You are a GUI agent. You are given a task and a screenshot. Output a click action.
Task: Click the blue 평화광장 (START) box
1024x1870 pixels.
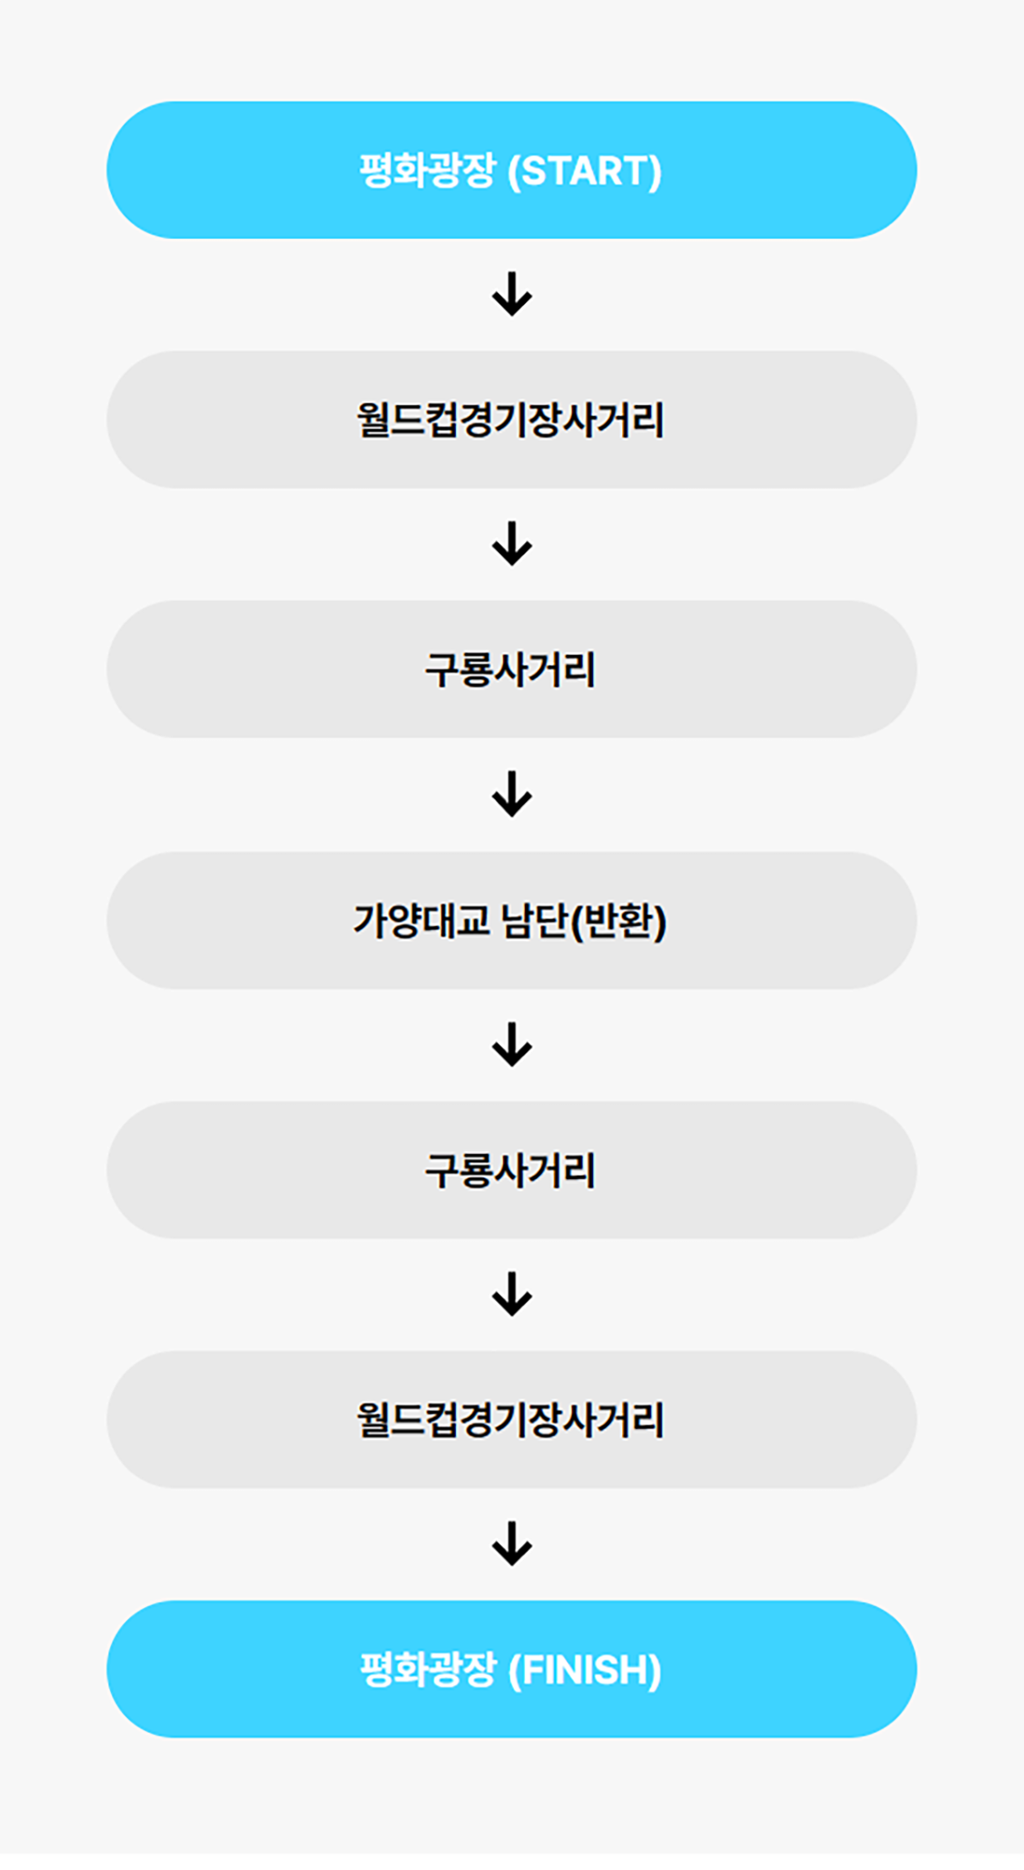(512, 170)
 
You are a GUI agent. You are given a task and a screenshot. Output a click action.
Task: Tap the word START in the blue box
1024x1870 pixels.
(585, 171)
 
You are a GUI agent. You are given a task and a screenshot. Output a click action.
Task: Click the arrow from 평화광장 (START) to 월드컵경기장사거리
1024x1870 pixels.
(512, 294)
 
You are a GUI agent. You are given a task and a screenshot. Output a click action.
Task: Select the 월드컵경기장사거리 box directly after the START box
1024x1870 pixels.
(512, 420)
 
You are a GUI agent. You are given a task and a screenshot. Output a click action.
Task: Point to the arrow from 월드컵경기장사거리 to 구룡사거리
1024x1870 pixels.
(512, 544)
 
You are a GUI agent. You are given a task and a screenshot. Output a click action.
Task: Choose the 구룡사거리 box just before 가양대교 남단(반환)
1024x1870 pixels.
(512, 670)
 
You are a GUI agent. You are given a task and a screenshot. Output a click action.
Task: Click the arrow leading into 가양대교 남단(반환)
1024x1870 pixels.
(512, 794)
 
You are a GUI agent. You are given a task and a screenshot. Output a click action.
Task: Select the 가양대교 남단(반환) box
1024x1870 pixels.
(512, 920)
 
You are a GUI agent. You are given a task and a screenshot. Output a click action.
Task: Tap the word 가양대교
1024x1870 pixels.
(422, 921)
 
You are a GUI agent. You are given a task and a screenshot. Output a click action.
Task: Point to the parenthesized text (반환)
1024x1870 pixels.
(619, 921)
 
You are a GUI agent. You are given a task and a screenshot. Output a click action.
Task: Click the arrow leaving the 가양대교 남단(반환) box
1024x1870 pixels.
(512, 1044)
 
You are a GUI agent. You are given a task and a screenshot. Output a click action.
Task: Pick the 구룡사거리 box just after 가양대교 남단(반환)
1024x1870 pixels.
(512, 1170)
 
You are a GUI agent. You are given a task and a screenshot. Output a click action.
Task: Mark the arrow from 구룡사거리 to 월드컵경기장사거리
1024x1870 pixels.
(512, 1294)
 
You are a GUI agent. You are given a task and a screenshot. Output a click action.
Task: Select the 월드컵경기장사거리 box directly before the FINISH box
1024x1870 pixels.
(512, 1420)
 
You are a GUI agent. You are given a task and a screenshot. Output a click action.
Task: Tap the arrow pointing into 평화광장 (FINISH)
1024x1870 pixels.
(512, 1544)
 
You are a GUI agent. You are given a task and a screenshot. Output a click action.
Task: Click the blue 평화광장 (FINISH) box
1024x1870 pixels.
(512, 1670)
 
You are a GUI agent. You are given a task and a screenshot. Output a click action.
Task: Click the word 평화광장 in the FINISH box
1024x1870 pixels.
(427, 1670)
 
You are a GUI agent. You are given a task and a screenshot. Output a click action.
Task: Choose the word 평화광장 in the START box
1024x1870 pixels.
(427, 171)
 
